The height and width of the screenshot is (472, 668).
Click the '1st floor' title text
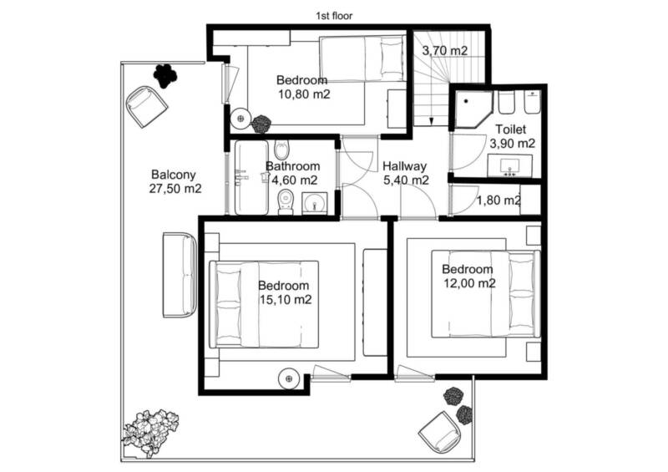(334, 16)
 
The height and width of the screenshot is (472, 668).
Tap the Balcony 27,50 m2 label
(175, 181)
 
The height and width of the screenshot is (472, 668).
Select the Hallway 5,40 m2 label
(406, 173)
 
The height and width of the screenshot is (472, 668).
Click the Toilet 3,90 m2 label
(512, 136)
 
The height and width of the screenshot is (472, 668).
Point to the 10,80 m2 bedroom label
(304, 87)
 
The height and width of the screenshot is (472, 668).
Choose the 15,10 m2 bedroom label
(285, 292)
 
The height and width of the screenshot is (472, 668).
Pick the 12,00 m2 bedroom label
(468, 276)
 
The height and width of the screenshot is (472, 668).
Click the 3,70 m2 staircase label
(445, 51)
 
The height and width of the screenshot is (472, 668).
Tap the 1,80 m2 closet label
(498, 200)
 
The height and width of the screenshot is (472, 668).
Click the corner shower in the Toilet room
(472, 109)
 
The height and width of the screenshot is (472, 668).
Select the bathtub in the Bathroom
(251, 177)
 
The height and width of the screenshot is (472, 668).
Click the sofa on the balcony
(180, 275)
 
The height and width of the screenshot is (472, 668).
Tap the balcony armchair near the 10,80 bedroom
(146, 106)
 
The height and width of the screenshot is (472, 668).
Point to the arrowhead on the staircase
(431, 121)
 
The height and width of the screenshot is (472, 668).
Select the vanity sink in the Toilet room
(510, 166)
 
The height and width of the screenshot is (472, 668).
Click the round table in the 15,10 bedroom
(289, 378)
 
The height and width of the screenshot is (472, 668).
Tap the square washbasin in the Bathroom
(315, 203)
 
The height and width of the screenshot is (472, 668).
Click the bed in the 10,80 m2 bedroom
(362, 58)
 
